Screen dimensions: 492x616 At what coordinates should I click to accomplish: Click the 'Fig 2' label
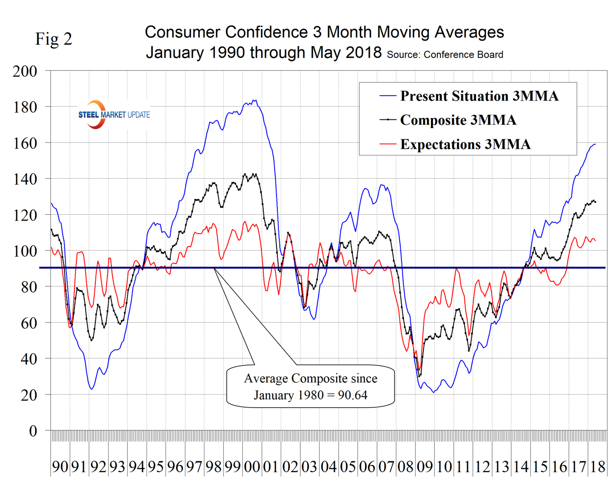pyautogui.click(x=54, y=39)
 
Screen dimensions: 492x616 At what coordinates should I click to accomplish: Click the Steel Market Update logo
pyautogui.click(x=114, y=115)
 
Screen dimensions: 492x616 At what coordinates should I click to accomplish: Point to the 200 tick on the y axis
pyautogui.click(x=25, y=71)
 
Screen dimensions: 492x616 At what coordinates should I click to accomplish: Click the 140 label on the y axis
pyautogui.click(x=25, y=179)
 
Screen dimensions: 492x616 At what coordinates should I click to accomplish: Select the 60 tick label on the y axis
pyautogui.click(x=28, y=323)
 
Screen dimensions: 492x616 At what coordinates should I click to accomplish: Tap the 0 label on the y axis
pyautogui.click(x=33, y=431)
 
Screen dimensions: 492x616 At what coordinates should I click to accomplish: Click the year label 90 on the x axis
pyautogui.click(x=60, y=467)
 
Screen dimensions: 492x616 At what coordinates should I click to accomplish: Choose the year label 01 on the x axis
pyautogui.click(x=271, y=467)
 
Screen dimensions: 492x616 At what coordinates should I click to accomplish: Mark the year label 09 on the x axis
pyautogui.click(x=425, y=467)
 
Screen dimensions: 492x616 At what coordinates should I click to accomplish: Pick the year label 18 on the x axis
pyautogui.click(x=598, y=467)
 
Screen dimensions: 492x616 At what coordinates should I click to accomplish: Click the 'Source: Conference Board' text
pyautogui.click(x=445, y=55)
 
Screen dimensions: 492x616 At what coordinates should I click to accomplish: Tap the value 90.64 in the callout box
pyautogui.click(x=352, y=395)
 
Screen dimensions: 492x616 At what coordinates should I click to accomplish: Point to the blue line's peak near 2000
pyautogui.click(x=255, y=100)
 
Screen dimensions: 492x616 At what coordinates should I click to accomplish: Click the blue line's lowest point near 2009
pyautogui.click(x=433, y=392)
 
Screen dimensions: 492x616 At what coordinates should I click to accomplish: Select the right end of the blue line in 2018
pyautogui.click(x=595, y=144)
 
